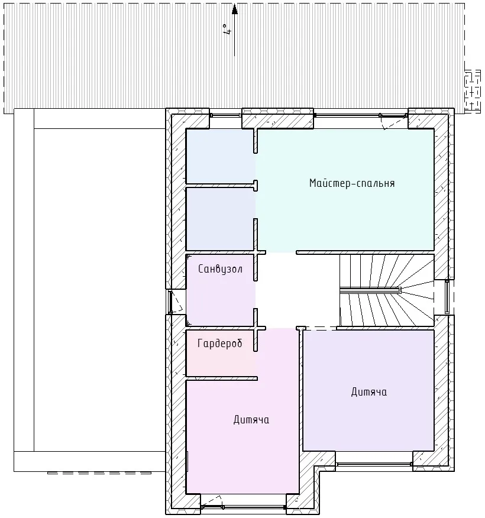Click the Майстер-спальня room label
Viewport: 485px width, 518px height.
pyautogui.click(x=352, y=183)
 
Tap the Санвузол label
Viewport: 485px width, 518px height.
pyautogui.click(x=221, y=269)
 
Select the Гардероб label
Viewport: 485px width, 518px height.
pyautogui.click(x=219, y=344)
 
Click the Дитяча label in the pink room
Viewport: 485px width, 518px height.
pyautogui.click(x=251, y=420)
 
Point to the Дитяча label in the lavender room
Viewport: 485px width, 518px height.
pyautogui.click(x=368, y=392)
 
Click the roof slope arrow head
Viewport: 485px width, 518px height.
pyautogui.click(x=235, y=9)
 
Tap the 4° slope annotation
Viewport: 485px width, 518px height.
pyautogui.click(x=227, y=29)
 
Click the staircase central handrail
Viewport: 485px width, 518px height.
pyautogui.click(x=370, y=290)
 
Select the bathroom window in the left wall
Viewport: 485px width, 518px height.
pyautogui.click(x=170, y=302)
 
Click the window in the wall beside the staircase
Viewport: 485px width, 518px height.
pyautogui.click(x=447, y=297)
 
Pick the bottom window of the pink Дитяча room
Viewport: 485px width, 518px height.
pyautogui.click(x=243, y=506)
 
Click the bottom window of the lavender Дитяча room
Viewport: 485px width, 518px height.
pyautogui.click(x=374, y=464)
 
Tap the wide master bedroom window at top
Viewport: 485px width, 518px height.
pyautogui.click(x=361, y=115)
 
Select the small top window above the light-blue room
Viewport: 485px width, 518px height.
pyautogui.click(x=226, y=115)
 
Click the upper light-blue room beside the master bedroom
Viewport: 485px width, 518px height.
pyautogui.click(x=220, y=156)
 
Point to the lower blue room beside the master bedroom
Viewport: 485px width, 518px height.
pyautogui.click(x=220, y=219)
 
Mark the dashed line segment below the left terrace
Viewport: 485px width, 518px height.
pyautogui.click(x=99, y=473)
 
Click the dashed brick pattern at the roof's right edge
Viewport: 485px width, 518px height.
pyautogui.click(x=473, y=92)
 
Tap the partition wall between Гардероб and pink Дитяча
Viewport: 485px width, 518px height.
pyautogui.click(x=222, y=378)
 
